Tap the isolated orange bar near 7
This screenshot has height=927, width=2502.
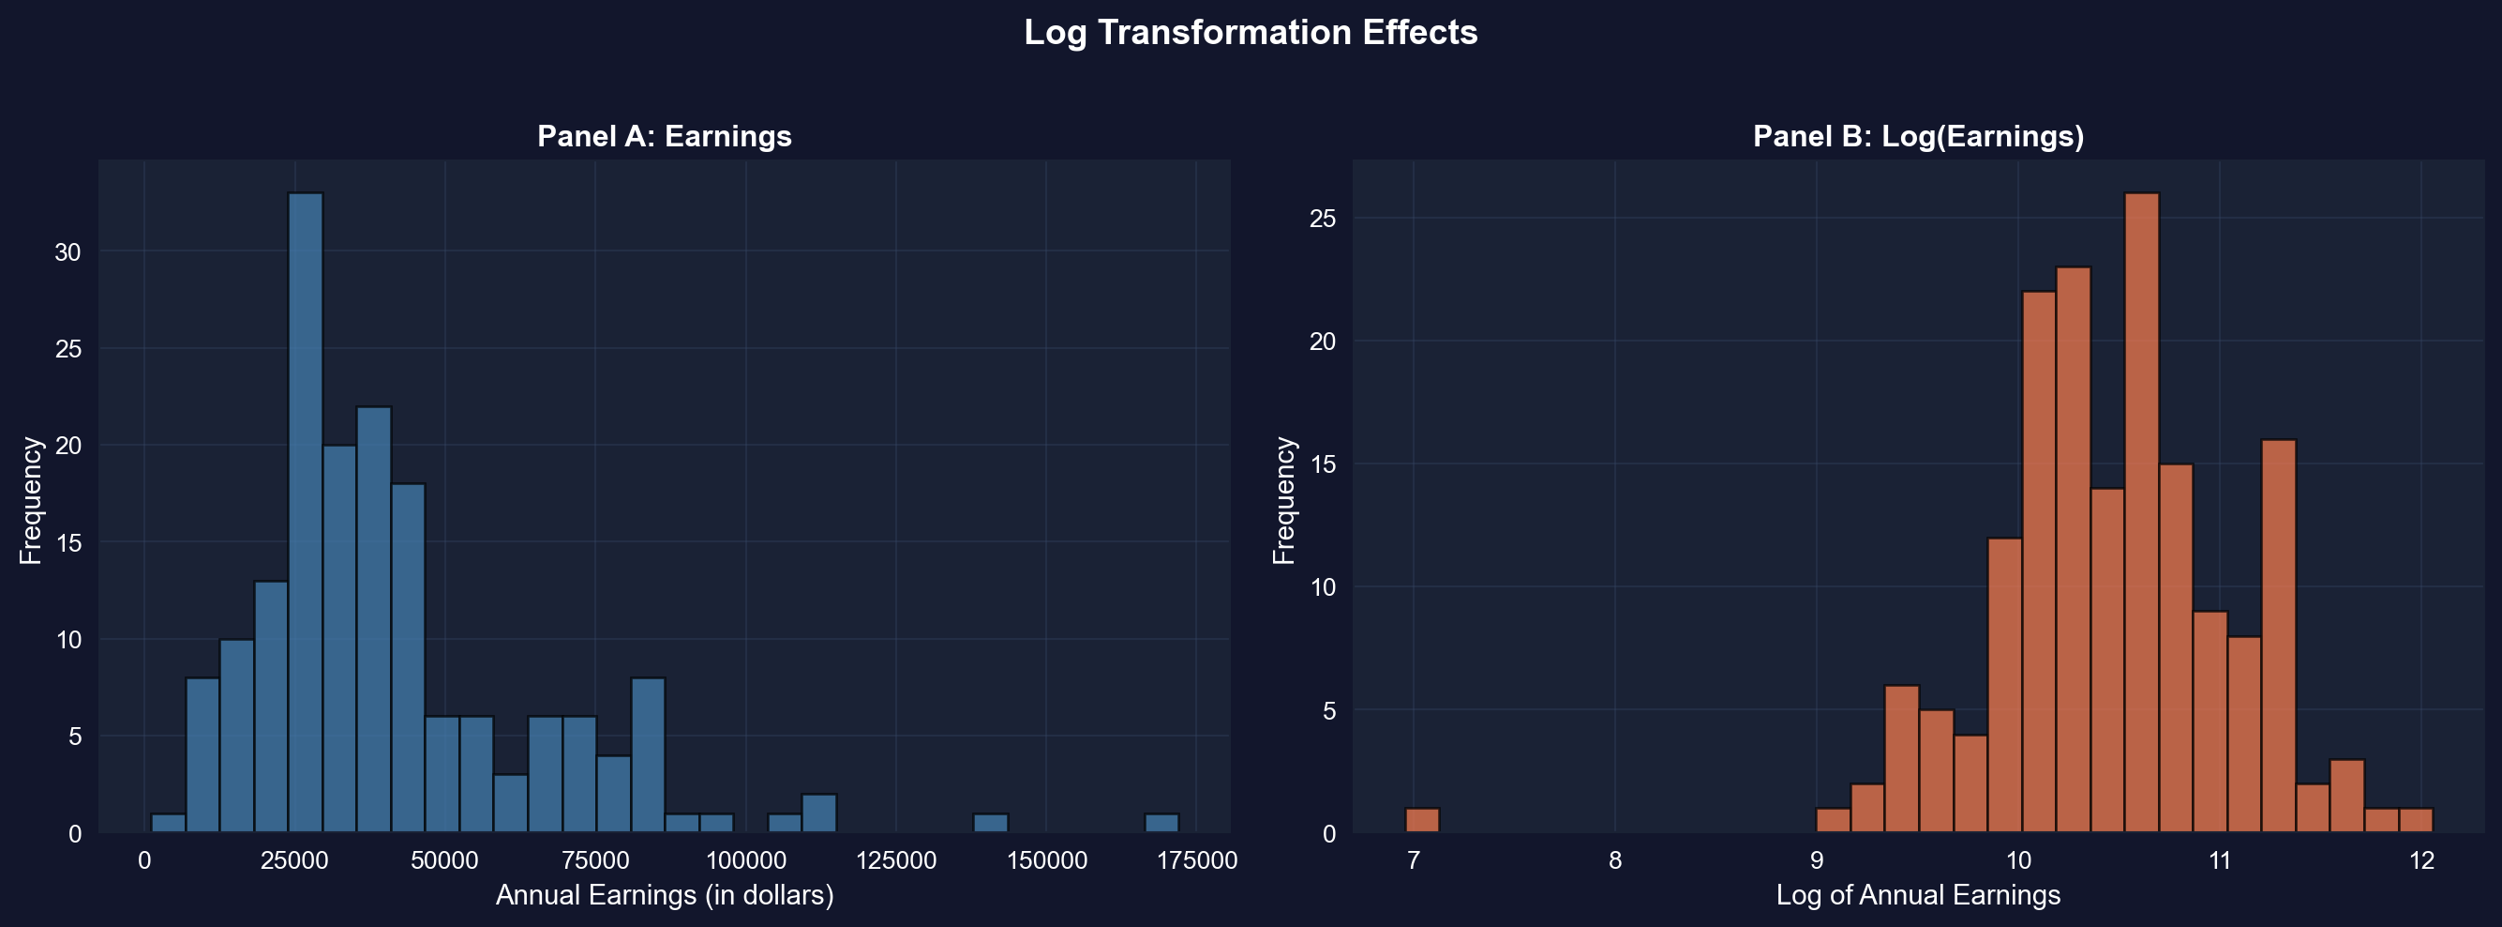tap(1422, 821)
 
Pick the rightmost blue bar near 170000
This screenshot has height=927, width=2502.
tap(1161, 824)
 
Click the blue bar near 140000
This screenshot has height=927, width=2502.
tap(991, 824)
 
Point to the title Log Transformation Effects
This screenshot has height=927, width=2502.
tap(1250, 33)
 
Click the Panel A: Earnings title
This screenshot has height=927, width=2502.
tap(665, 136)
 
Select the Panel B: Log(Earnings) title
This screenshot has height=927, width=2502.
tap(1918, 136)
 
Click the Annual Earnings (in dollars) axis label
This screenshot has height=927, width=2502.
tap(665, 895)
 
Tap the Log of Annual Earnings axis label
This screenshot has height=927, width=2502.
tap(1918, 895)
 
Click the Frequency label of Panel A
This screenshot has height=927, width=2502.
tap(31, 500)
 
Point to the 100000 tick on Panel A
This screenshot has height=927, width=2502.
tap(746, 861)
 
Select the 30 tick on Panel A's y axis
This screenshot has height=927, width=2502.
tap(68, 251)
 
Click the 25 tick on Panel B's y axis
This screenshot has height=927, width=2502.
tap(1323, 219)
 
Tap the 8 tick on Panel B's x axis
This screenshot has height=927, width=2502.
tap(1614, 861)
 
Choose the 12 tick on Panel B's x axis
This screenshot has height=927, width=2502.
tap(2421, 861)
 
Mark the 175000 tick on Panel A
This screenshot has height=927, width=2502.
tap(1195, 861)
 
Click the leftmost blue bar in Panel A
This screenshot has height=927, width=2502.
tap(168, 824)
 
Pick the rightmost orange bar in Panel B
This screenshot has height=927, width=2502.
tap(2416, 821)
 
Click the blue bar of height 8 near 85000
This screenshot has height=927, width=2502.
tap(648, 756)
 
